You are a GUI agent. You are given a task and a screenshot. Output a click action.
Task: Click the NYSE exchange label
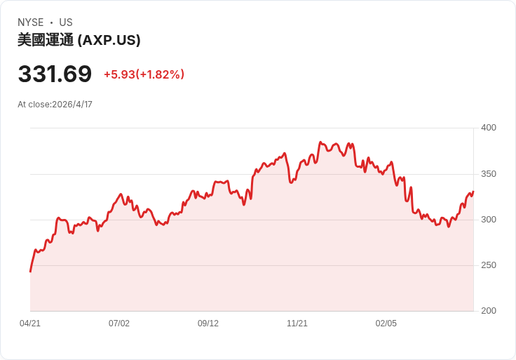31,22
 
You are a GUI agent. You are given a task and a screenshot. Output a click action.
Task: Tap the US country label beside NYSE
66,22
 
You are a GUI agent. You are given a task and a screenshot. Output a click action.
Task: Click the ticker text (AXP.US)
109,40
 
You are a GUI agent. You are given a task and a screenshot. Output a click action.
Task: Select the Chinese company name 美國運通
46,40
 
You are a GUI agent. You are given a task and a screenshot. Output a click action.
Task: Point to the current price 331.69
55,74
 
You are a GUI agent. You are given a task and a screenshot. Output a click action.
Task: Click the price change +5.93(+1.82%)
144,74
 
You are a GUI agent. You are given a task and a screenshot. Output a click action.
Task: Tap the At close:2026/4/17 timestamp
55,105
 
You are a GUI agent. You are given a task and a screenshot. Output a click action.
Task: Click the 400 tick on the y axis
489,128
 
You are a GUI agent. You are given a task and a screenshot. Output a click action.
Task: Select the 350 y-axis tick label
489,174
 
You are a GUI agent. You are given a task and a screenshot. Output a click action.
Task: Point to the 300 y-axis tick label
489,220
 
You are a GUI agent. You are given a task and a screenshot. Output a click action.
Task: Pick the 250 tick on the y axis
489,265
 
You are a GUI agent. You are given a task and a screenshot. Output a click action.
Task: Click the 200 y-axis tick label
489,311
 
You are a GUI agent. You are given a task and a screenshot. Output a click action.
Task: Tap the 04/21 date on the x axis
30,324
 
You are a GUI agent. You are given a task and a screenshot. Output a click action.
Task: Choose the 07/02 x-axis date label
119,324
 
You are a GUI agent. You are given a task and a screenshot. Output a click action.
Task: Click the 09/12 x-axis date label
208,324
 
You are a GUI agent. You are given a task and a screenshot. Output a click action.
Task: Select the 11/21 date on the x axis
297,324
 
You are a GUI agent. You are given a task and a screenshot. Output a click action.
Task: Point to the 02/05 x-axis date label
386,324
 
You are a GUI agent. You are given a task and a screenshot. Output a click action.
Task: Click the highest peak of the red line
320,142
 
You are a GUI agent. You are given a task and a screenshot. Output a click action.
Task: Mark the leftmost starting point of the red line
30,272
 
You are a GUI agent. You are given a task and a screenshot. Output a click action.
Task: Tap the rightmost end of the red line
473,192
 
